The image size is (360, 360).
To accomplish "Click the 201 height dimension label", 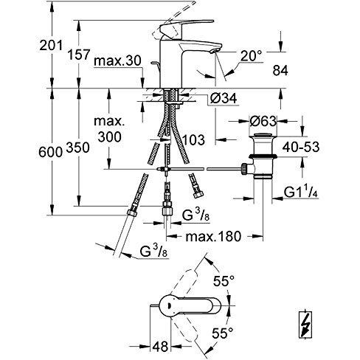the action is [51, 45].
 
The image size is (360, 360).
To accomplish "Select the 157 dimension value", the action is [79, 55].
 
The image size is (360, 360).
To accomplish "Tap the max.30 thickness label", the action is [117, 60].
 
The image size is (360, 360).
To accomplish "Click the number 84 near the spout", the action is [280, 71].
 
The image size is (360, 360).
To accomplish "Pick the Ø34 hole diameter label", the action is [224, 98].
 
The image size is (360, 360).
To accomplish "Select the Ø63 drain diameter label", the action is [263, 121].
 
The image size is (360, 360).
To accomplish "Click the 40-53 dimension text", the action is [301, 147].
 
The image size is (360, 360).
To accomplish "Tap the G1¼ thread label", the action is [301, 192].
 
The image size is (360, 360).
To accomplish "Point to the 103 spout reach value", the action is [193, 139].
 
